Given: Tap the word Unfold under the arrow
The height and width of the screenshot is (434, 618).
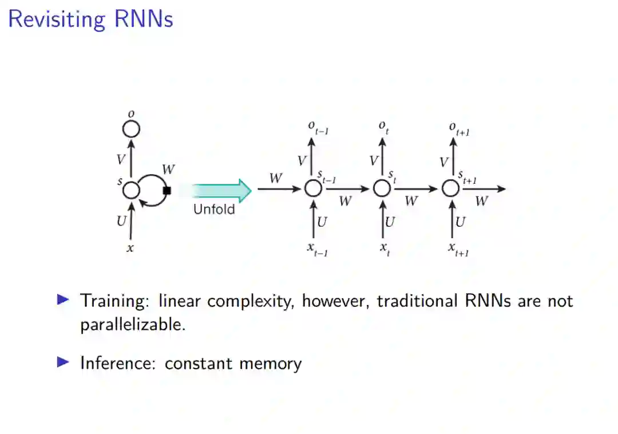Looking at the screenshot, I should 214,209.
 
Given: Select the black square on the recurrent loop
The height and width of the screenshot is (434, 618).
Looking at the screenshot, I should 167,191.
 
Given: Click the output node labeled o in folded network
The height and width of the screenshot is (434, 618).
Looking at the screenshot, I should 132,129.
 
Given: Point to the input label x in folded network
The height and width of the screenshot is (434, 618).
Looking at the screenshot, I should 131,248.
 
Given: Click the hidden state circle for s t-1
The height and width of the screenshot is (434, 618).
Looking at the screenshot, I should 313,188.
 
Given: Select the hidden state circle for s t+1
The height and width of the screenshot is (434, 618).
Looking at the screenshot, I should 451,188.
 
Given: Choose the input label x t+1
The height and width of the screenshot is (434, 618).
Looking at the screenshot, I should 459,248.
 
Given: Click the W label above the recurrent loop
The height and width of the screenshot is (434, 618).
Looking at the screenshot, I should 168,169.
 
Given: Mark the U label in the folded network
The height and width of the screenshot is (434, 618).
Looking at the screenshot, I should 121,220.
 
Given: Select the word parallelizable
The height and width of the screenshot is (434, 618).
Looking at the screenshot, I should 133,325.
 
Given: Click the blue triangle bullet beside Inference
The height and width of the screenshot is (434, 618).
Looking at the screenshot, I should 63,362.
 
